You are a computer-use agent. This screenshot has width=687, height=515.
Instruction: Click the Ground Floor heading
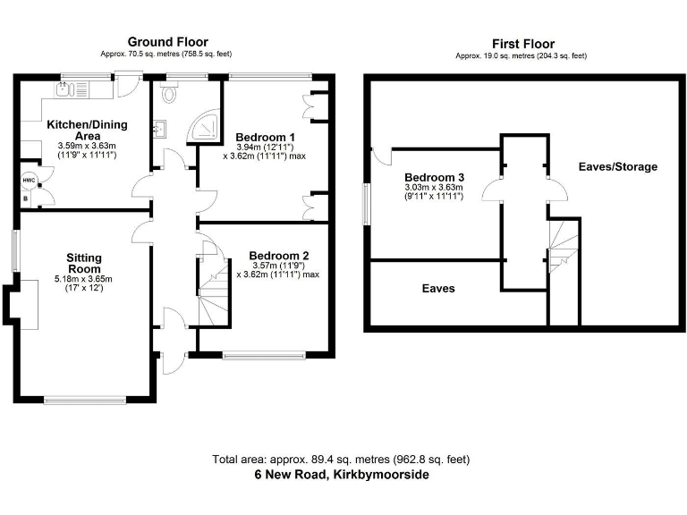click(x=167, y=42)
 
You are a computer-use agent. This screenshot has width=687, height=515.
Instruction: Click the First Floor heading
click(x=522, y=44)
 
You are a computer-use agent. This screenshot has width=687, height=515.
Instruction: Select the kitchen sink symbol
click(x=64, y=88)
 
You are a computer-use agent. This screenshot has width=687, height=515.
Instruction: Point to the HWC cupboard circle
click(x=29, y=180)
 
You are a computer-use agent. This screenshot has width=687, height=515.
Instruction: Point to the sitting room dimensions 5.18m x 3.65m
click(x=84, y=279)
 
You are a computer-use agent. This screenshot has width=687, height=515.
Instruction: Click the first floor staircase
click(x=564, y=246)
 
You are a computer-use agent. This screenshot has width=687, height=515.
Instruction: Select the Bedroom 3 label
click(x=434, y=178)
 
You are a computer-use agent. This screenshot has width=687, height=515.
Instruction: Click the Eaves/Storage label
click(x=617, y=167)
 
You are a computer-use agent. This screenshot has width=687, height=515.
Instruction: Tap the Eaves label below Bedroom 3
click(x=438, y=289)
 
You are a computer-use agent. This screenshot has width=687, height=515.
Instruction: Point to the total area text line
click(x=340, y=460)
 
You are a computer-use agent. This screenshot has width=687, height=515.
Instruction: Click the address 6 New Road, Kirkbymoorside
click(x=340, y=475)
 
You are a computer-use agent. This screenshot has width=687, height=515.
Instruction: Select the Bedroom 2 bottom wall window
click(x=265, y=357)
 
